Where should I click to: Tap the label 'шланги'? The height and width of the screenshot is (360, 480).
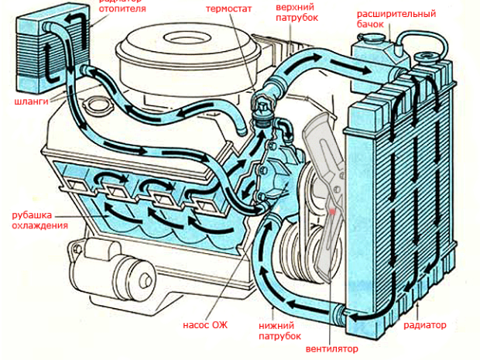(29, 101)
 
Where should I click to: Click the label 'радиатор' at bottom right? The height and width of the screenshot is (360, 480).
(425, 325)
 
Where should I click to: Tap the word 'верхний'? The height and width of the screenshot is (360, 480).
(295, 5)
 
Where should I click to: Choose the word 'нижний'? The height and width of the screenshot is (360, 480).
(275, 326)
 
